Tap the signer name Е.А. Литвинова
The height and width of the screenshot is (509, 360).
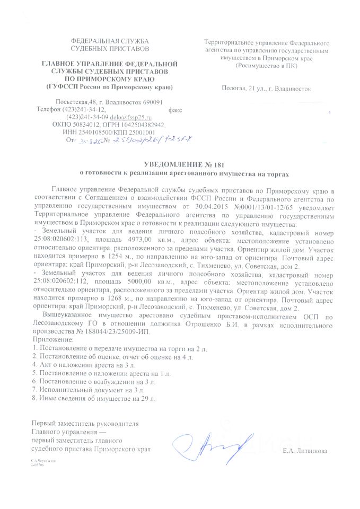(305, 451)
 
